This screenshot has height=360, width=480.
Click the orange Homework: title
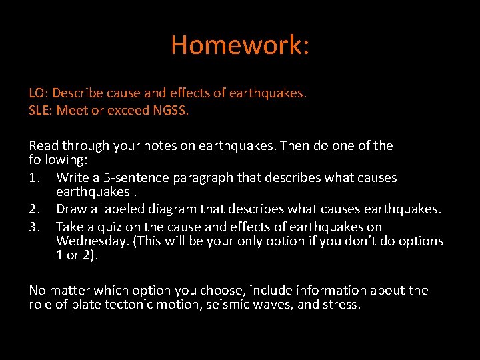tap(240, 45)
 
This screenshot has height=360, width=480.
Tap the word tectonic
tap(141, 305)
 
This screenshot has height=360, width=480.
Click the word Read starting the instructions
tap(44, 145)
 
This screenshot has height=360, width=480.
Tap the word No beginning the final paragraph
tap(37, 290)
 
